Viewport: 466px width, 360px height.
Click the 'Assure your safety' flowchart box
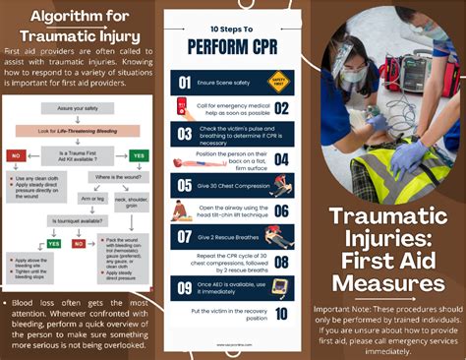pyautogui.click(x=78, y=107)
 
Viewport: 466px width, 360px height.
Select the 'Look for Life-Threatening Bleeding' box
pyautogui.click(x=77, y=130)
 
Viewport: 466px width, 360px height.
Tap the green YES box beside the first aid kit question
pyautogui.click(x=139, y=154)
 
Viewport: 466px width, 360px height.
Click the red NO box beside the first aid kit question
pyautogui.click(x=16, y=154)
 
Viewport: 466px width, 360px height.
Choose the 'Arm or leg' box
pyautogui.click(x=93, y=198)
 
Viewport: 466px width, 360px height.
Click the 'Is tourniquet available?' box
pyautogui.click(x=78, y=222)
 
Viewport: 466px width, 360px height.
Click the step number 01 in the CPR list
pyautogui.click(x=184, y=84)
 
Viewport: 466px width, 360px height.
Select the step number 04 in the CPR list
pyautogui.click(x=280, y=158)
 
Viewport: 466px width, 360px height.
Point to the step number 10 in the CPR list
pyautogui.click(x=280, y=314)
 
